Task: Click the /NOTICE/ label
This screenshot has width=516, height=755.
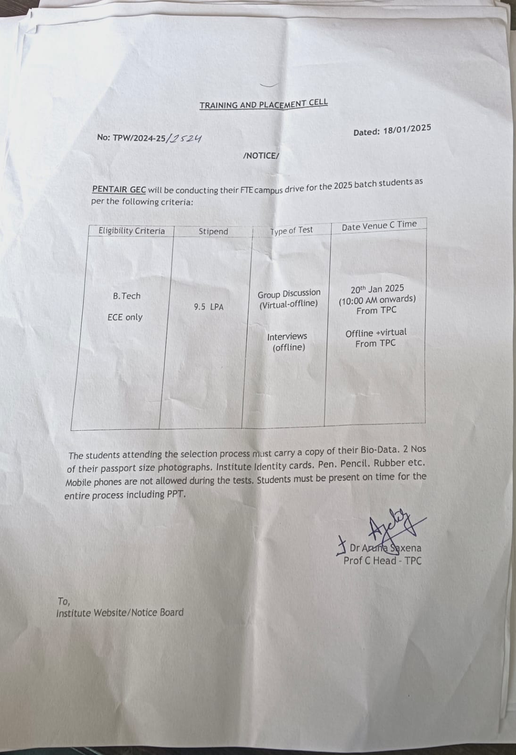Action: click(261, 156)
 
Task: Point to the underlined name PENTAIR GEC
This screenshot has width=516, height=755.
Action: click(119, 189)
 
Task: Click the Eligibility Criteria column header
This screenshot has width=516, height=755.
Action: click(132, 231)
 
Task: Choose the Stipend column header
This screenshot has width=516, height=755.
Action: click(213, 231)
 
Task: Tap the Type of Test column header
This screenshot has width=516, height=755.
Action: click(291, 230)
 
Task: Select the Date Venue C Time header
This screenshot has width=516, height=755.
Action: click(379, 226)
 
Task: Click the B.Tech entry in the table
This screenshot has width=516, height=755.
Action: click(126, 296)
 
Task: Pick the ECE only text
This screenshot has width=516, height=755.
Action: click(125, 317)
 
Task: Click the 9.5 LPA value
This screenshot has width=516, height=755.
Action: click(208, 307)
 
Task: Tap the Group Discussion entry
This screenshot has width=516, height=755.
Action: click(289, 294)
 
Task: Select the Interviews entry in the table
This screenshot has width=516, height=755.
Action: click(287, 336)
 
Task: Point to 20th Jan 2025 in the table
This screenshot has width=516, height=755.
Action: click(377, 289)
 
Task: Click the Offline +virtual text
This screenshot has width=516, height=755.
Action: click(375, 333)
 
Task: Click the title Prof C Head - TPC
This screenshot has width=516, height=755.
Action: click(383, 561)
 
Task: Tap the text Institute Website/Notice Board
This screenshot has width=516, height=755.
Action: click(120, 612)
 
